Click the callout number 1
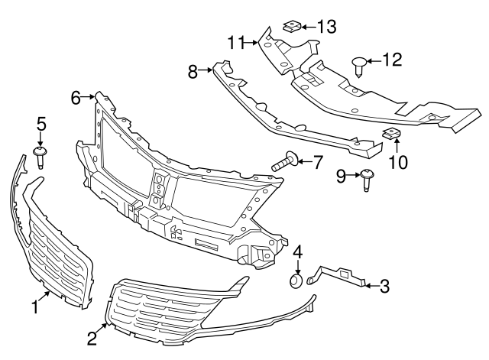34,306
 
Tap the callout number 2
92,337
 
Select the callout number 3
384,287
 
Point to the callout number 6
76,97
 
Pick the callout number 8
193,72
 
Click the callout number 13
327,27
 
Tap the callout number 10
398,161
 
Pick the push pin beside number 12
360,63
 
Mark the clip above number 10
391,135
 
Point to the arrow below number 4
298,267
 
